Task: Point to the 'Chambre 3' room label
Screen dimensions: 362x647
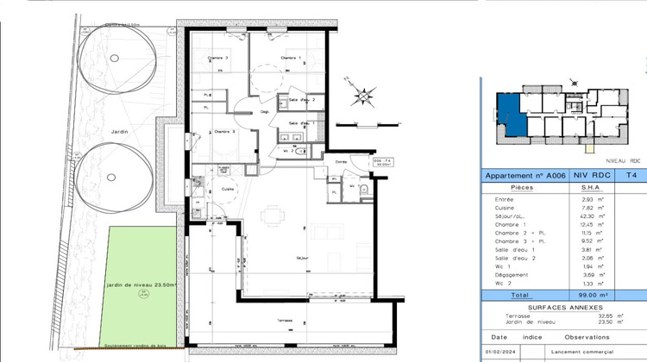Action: pos(223,131)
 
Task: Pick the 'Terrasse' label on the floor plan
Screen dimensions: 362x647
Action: pos(286,320)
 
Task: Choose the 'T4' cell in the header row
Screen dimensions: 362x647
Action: pos(631,175)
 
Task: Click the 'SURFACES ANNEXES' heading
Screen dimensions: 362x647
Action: pos(563,308)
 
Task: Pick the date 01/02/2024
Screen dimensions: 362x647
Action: pos(501,353)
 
